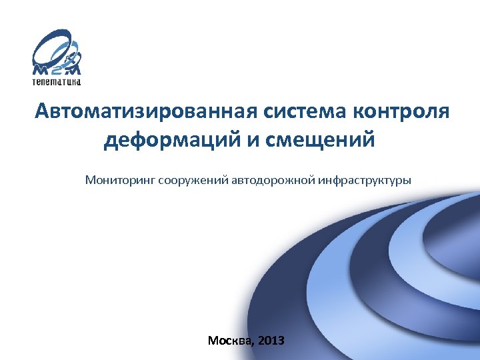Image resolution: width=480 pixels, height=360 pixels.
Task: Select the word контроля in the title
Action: tap(403, 111)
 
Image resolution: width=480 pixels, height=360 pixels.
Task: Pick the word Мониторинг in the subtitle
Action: tap(120, 180)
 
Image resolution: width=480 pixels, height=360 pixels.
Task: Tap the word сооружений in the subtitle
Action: tap(193, 180)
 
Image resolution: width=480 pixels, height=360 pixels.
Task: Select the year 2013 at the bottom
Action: tap(271, 341)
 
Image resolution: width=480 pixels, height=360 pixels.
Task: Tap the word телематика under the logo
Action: tap(57, 82)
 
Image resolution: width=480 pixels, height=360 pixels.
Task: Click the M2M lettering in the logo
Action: tap(57, 69)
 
